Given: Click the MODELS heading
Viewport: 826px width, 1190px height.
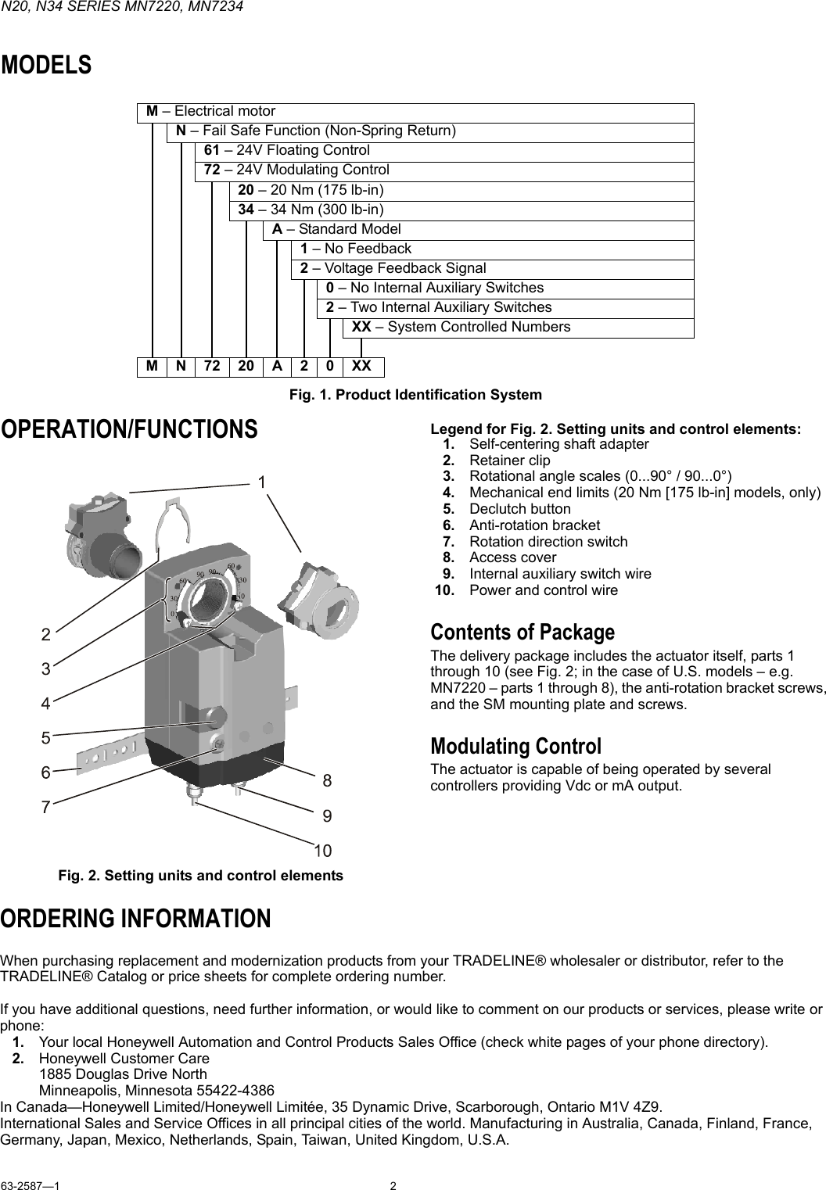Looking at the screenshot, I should click(46, 66).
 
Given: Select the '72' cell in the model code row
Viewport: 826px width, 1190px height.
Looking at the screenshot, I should click(213, 366).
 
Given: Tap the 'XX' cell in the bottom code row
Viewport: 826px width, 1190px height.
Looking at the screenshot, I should click(362, 366).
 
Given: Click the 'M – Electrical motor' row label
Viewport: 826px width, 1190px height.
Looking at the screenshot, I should click(211, 112).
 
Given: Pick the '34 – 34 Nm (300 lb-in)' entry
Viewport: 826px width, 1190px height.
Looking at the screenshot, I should click(311, 210).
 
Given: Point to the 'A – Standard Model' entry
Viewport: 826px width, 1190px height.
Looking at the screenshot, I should click(336, 229).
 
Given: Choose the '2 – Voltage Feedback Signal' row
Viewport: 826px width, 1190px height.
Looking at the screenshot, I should click(393, 268).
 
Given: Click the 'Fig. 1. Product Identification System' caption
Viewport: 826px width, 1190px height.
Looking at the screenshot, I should click(415, 395).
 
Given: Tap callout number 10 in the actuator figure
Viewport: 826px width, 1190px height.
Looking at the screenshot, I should click(322, 849).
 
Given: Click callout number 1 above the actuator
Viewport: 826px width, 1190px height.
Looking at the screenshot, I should click(264, 482).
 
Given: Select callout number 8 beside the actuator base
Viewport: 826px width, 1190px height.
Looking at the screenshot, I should click(327, 780).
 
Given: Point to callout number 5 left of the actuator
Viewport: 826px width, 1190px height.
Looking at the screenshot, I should click(46, 738).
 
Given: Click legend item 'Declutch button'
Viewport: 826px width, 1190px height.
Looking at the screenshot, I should click(520, 509).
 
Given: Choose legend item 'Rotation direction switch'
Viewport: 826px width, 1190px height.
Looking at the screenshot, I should click(548, 541).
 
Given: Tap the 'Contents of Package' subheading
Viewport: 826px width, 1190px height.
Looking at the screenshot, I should click(523, 632).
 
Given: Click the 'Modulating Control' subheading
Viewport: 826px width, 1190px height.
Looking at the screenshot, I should click(516, 746).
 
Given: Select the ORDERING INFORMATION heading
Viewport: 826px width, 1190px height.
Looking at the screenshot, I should click(136, 919).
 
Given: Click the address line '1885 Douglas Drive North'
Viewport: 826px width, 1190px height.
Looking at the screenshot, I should click(123, 1074).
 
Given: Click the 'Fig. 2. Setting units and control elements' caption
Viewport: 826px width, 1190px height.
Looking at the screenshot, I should click(200, 876).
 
